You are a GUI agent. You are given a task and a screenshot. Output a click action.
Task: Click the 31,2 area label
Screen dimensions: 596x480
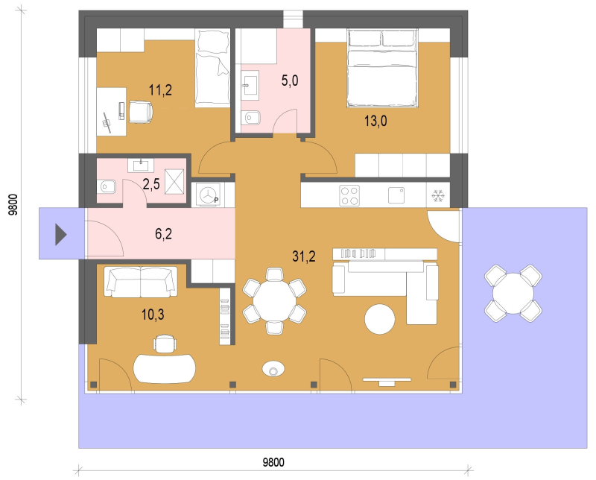[x=304, y=256]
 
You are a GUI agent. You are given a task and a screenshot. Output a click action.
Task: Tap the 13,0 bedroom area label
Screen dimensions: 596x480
[x=375, y=121]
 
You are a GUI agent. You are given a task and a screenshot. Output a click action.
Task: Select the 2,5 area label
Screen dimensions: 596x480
[x=151, y=184]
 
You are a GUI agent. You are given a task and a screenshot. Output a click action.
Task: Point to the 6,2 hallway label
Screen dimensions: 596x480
[x=163, y=234]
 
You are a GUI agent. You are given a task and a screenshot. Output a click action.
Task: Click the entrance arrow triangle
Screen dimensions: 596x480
[x=61, y=235]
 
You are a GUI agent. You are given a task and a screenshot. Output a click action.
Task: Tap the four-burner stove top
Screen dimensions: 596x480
[x=349, y=195]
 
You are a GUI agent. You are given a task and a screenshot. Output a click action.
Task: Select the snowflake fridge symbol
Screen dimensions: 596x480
[x=438, y=196]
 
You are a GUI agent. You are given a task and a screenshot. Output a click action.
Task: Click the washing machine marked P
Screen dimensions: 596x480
[x=209, y=195]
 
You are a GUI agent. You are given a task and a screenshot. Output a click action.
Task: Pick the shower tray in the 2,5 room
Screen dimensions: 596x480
[x=174, y=182]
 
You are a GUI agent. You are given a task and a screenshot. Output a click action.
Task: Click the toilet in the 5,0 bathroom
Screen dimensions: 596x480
[x=250, y=118]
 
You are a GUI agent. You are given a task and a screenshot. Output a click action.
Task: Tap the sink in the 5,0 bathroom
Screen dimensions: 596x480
[x=250, y=85]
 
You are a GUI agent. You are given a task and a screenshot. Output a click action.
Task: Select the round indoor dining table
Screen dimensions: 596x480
[x=274, y=301]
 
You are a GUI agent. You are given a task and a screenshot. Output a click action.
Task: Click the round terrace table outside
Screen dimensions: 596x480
[x=513, y=293]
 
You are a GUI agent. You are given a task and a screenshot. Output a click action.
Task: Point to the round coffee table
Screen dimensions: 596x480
[x=380, y=319]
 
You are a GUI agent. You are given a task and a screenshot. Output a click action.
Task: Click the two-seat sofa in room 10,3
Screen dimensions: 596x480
[x=141, y=282]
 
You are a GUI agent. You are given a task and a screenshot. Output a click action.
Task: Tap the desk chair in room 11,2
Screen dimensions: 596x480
[x=141, y=112]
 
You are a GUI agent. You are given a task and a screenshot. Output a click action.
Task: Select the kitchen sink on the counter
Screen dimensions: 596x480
[x=396, y=195]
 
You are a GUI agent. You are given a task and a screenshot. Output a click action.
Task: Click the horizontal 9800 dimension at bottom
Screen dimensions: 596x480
[x=273, y=462]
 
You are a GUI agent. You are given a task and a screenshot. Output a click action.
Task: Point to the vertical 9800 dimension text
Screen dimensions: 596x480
[x=13, y=205]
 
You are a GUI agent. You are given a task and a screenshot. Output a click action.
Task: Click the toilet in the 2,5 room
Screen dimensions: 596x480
[x=106, y=186]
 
